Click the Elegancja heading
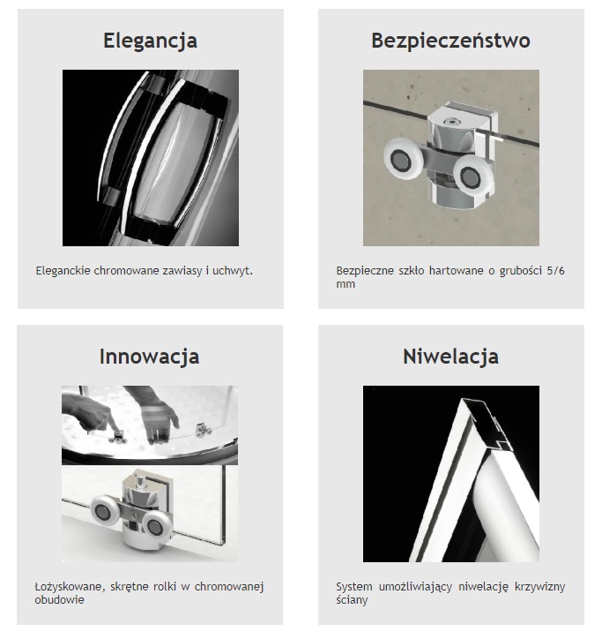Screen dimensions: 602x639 click(150, 41)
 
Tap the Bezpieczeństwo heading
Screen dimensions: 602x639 click(450, 41)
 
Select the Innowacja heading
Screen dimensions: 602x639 click(149, 357)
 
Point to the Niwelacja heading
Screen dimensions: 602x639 click(450, 357)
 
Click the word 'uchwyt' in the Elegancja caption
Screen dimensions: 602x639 click(231, 271)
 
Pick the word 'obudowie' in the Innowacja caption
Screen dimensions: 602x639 click(59, 600)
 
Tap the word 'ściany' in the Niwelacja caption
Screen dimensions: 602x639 click(352, 600)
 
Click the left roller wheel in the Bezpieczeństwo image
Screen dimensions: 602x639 click(401, 157)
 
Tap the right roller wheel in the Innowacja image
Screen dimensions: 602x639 click(155, 528)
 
